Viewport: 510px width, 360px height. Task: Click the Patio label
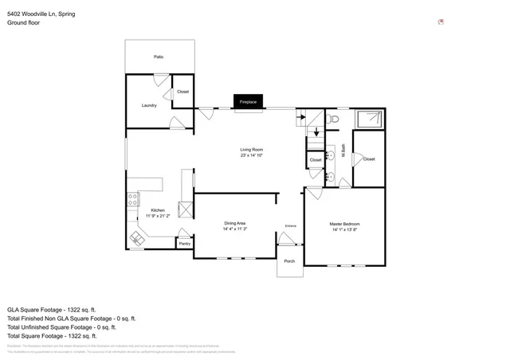coord(159,57)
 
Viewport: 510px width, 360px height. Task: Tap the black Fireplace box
coord(248,102)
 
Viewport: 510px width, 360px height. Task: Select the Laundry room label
coord(149,105)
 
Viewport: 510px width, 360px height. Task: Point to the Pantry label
coord(184,244)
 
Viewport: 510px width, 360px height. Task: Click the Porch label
coord(289,262)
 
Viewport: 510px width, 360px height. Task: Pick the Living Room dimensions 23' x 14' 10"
coord(252,155)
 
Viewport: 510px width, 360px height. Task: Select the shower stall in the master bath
coord(369,119)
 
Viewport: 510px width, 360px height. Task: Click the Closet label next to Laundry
coord(182,92)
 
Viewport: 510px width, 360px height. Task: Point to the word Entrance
coord(291,227)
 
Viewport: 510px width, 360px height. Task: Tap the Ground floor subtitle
coord(24,23)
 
